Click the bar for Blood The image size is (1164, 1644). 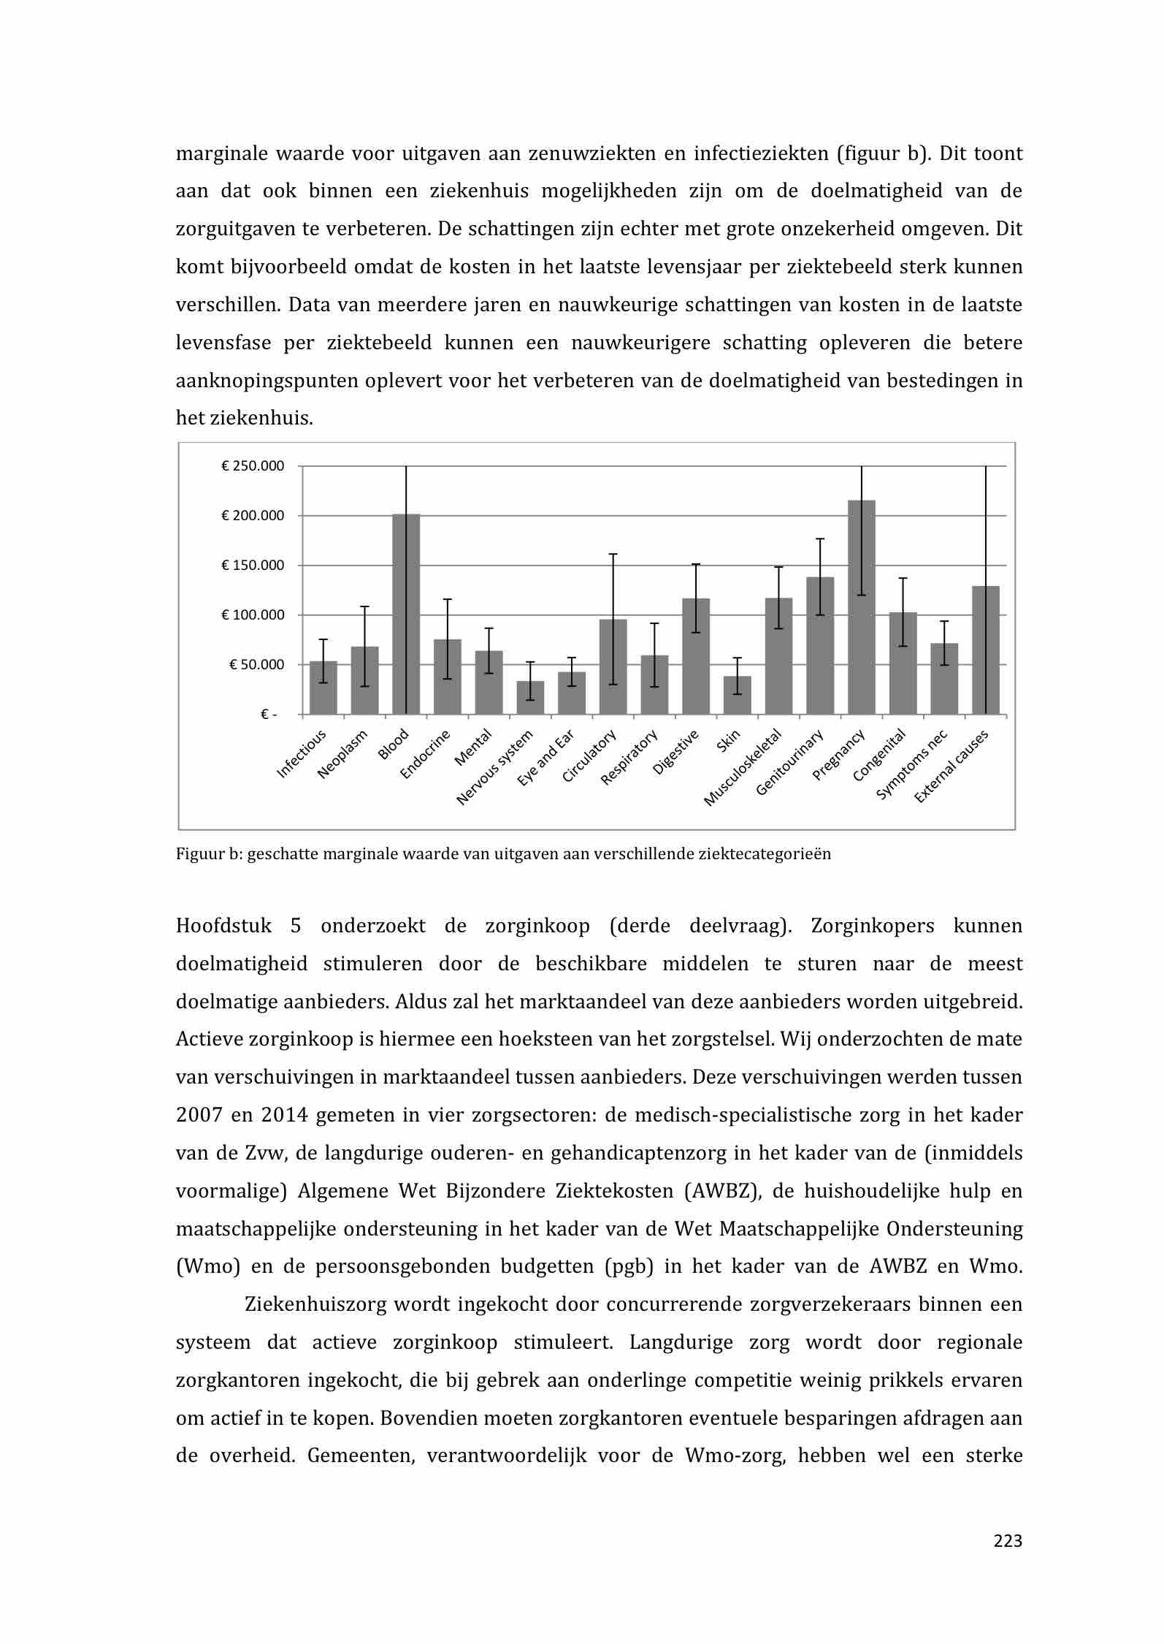[406, 614]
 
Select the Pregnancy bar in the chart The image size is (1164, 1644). [861, 606]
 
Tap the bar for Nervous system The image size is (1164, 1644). [530, 697]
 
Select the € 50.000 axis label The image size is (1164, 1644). [256, 665]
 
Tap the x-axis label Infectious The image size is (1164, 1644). [301, 753]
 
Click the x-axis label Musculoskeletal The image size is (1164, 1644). [743, 768]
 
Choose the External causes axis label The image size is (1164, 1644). [952, 766]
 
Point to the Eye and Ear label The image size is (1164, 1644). [546, 758]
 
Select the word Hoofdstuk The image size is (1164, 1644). [223, 926]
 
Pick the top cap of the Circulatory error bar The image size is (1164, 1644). [613, 555]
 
